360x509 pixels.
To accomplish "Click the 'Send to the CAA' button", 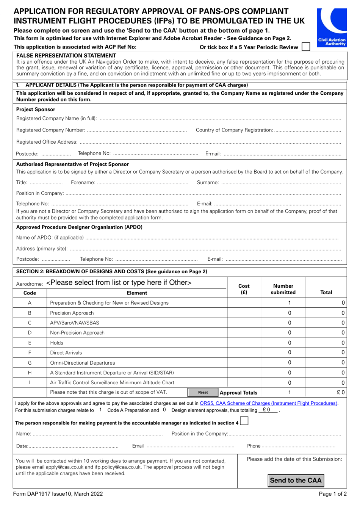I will coord(296,481).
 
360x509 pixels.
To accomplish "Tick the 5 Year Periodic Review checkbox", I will coord(306,47).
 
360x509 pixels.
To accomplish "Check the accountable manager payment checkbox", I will coord(244,421).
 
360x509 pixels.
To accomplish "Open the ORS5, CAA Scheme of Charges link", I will coord(269,403).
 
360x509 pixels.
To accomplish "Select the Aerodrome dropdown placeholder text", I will coord(119,283).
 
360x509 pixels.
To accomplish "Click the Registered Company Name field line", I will coord(220,119).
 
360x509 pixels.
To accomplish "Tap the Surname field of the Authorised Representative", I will coord(280,183).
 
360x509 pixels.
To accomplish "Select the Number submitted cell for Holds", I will coord(290,343).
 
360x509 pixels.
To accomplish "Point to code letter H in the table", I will coord(30,373).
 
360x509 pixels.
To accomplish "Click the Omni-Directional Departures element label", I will coord(83,363).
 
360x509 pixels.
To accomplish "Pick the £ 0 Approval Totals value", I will coord(340,393).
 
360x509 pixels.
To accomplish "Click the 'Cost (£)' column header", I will coord(244,289).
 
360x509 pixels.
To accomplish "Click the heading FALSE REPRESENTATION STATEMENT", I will coord(66,56).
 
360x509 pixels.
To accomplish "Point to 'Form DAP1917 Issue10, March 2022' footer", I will coord(58,494).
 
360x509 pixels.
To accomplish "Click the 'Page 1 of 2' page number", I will coord(332,494).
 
